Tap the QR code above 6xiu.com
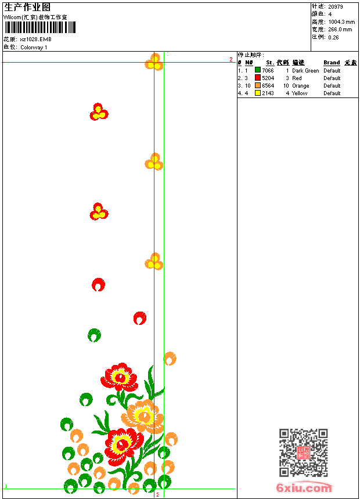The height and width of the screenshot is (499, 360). point(303,453)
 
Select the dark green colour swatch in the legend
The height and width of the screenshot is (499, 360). point(258,70)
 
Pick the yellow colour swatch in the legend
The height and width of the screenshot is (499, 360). point(258,93)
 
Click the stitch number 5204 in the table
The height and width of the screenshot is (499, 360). point(268,78)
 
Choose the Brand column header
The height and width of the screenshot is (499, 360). point(332,63)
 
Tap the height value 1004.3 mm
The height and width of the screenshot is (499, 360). point(341,22)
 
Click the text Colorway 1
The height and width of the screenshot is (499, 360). point(34,48)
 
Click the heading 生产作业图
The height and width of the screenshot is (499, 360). point(27,7)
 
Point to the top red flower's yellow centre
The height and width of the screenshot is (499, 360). point(120,377)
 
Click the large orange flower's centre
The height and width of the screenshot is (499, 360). point(143,415)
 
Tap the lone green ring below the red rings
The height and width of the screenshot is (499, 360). point(94,335)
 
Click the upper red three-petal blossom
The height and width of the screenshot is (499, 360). point(98,111)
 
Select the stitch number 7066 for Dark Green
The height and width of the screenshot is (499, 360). point(268,70)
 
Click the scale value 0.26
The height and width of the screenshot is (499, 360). point(333,37)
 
